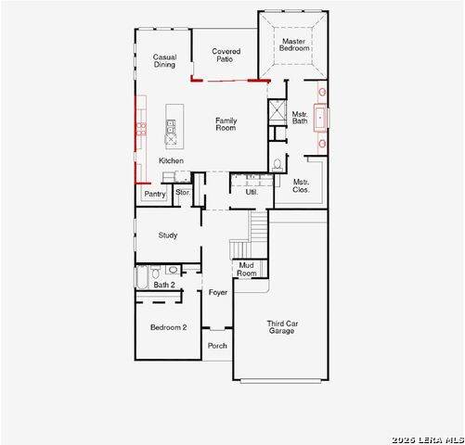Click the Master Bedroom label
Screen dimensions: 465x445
[294, 44]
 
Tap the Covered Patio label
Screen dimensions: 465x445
[226, 56]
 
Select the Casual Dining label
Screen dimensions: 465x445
[164, 61]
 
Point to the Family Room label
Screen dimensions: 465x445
[226, 124]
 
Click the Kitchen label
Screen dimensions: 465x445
[171, 160]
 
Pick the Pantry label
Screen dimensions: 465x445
[155, 194]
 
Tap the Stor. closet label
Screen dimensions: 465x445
[183, 192]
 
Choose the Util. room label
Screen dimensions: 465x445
[252, 192]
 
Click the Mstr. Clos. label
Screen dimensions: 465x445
[301, 185]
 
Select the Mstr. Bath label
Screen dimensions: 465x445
[300, 118]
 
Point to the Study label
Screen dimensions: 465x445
[168, 235]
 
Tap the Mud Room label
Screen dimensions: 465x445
[247, 270]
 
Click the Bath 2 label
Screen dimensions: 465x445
[164, 285]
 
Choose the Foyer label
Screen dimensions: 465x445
[218, 292]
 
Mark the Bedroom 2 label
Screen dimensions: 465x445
[168, 327]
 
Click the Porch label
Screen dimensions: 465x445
[217, 346]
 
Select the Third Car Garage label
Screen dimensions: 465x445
[282, 327]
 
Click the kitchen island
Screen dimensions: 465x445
[174, 126]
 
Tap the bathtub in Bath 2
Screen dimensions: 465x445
[142, 277]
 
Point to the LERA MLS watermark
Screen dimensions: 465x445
[428, 440]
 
